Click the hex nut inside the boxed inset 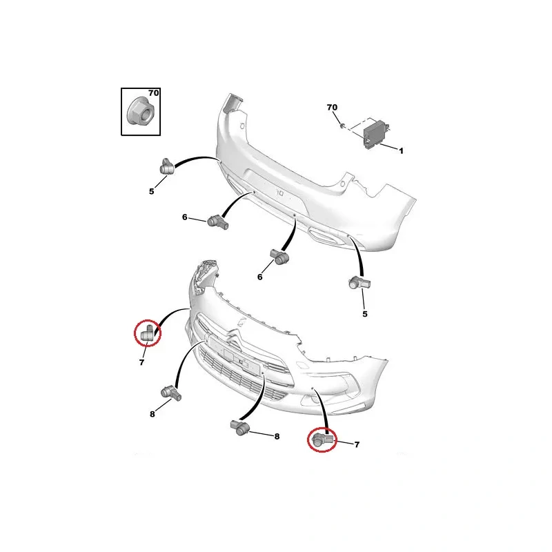(139, 111)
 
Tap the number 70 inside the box (153, 93)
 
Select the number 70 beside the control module (332, 107)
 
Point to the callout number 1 (401, 150)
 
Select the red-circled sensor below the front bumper (322, 440)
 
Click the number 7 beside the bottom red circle (357, 444)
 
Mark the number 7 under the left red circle (142, 362)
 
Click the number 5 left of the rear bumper (151, 192)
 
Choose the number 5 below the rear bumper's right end (365, 314)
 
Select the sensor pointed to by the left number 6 (218, 221)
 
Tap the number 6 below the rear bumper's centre (260, 277)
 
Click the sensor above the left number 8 (170, 393)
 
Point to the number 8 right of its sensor (277, 437)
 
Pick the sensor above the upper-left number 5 (166, 166)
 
